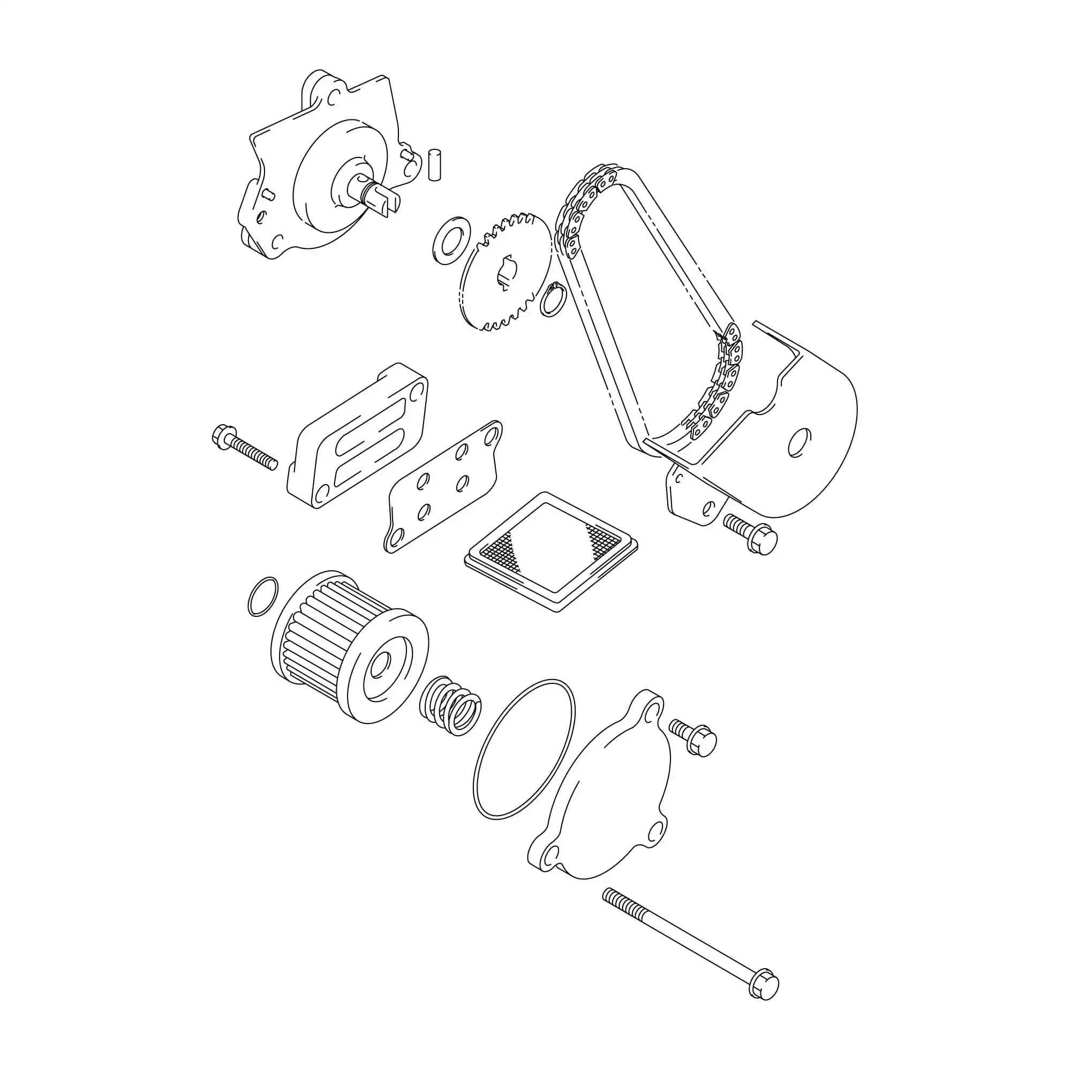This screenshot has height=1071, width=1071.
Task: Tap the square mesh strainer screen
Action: pyautogui.click(x=551, y=552)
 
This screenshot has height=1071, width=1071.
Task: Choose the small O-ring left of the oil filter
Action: pyautogui.click(x=263, y=596)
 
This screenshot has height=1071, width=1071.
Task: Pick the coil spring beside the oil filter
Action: pyautogui.click(x=450, y=705)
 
